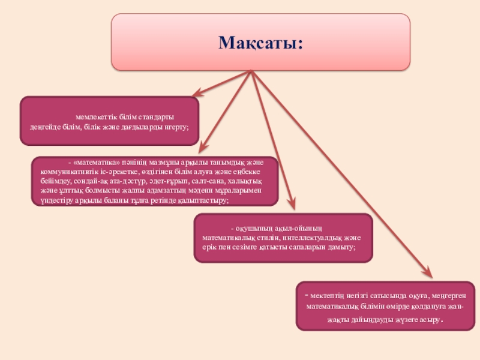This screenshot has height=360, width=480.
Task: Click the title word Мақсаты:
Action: coord(260,43)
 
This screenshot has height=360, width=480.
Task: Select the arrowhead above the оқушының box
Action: coord(292,206)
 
